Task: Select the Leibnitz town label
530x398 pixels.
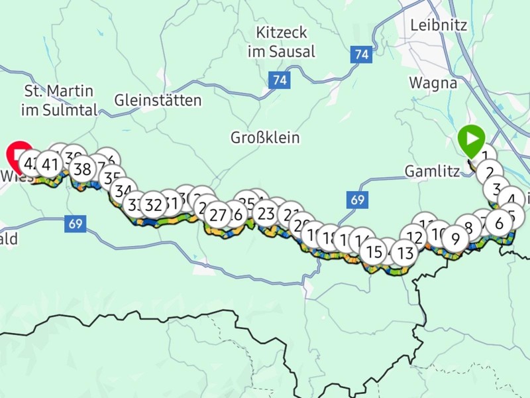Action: (x=439, y=25)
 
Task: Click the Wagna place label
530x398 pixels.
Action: (x=433, y=83)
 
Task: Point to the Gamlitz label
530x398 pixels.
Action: (x=432, y=171)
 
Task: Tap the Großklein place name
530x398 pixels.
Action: (x=265, y=138)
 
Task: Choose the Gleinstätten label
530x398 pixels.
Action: (x=158, y=101)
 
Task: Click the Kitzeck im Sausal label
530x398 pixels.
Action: (x=281, y=41)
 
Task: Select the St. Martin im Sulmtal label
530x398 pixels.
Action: (x=59, y=100)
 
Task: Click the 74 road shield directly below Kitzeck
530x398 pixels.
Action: (x=280, y=80)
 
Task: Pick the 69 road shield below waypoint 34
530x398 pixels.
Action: (x=75, y=224)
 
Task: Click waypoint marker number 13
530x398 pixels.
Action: (x=405, y=252)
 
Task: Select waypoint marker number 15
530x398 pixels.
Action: (x=374, y=252)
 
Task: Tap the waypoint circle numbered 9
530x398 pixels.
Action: (x=455, y=238)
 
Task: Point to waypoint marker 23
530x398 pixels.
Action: (x=266, y=214)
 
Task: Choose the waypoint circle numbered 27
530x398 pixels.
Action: (x=217, y=215)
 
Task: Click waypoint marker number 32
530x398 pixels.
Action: (x=153, y=204)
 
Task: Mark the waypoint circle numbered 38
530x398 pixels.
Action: (x=82, y=169)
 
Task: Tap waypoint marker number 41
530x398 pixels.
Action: (x=50, y=163)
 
